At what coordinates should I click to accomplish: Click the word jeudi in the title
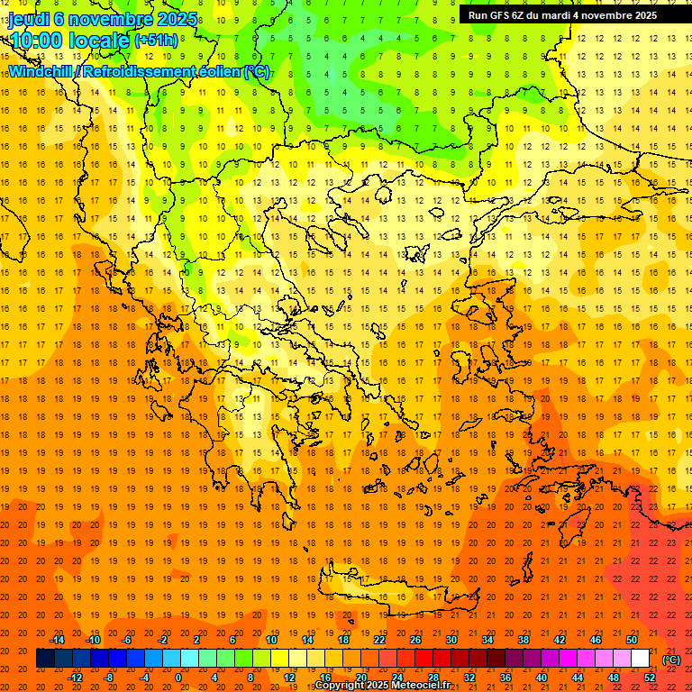[29, 18]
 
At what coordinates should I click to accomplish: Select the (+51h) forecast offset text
[156, 41]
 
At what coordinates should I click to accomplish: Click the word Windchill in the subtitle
[41, 71]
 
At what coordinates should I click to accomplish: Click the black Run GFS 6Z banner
[562, 15]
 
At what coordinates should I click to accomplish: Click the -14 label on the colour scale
[57, 640]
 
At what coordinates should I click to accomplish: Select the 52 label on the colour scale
[650, 678]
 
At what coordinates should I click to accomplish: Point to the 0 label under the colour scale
[178, 678]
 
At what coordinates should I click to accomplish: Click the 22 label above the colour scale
[379, 640]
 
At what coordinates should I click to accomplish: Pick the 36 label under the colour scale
[505, 678]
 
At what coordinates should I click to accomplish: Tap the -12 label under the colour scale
[75, 678]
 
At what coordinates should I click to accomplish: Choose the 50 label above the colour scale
[632, 640]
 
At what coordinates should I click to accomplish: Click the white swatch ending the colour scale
[641, 659]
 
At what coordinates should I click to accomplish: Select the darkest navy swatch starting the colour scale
[45, 659]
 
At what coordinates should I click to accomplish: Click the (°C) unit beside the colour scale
[671, 660]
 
